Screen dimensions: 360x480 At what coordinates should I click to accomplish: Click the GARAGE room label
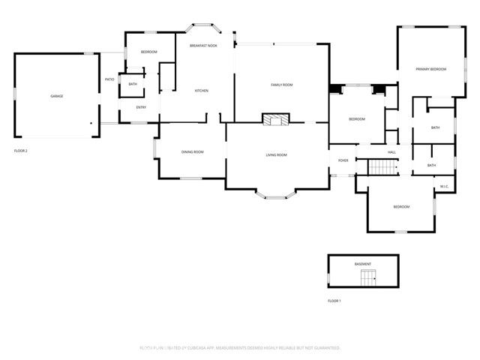click(56, 97)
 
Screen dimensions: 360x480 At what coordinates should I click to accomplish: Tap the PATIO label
click(109, 79)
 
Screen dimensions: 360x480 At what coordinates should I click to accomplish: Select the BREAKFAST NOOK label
click(203, 46)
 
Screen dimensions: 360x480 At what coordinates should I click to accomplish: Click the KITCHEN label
click(202, 91)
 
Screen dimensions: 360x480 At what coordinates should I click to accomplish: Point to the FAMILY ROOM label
click(281, 85)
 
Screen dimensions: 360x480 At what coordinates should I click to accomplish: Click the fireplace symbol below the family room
click(275, 119)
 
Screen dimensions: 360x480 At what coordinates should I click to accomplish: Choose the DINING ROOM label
click(193, 152)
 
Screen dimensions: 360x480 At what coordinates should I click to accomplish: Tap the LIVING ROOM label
click(276, 155)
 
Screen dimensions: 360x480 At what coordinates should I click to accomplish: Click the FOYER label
click(343, 160)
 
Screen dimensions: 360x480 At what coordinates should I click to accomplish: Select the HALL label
click(391, 152)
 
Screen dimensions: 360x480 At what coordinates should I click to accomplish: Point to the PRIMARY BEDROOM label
click(431, 69)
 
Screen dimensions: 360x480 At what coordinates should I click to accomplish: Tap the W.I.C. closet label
click(444, 187)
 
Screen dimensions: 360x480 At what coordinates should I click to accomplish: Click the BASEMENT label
click(363, 264)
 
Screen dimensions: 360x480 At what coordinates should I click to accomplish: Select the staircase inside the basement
click(367, 279)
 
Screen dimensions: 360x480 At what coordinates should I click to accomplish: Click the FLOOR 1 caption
click(334, 301)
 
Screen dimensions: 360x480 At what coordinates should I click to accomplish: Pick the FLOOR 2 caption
click(21, 151)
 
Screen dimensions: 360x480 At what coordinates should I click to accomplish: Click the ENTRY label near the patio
click(141, 107)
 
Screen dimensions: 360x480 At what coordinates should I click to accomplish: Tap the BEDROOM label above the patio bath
click(149, 52)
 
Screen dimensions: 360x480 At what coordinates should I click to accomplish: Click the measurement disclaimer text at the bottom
click(240, 348)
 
